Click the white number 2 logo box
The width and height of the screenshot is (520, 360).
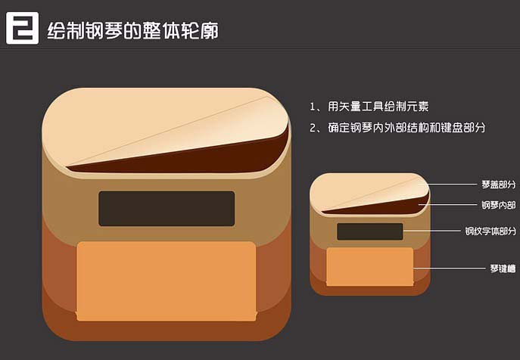[22, 28]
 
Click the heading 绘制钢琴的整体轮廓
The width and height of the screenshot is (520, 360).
[133, 31]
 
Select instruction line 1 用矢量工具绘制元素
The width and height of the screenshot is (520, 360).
[369, 107]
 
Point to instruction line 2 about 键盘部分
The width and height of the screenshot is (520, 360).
[397, 128]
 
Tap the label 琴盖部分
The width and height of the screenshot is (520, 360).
[499, 185]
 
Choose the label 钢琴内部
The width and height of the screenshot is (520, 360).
[499, 205]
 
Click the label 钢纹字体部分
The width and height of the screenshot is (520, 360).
[490, 231]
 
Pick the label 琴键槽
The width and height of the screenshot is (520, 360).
[503, 268]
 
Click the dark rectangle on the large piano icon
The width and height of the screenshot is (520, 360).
[167, 209]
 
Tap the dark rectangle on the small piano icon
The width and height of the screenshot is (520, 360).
[370, 231]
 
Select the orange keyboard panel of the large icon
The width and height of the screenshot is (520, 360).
[167, 281]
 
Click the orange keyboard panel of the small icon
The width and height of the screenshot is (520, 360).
[370, 267]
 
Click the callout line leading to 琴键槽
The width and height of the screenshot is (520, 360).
[450, 268]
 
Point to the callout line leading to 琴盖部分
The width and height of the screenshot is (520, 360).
[447, 184]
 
